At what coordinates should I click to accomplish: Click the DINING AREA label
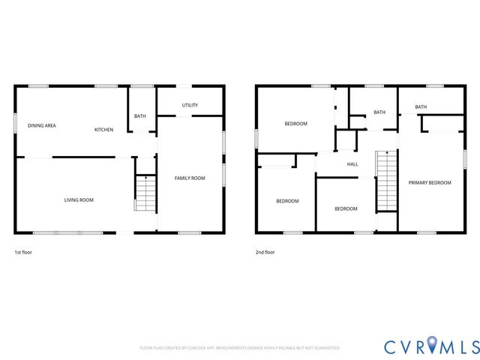[42, 125]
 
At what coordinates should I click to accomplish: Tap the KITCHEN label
[103, 130]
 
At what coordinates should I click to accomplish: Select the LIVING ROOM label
[79, 199]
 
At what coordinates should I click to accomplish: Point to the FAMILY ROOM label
[190, 178]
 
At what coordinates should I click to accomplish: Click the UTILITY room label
[190, 105]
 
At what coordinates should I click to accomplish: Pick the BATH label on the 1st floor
[140, 116]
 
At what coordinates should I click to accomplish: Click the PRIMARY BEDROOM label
[430, 182]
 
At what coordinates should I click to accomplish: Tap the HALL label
[352, 164]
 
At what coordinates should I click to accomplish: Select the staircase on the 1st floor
[144, 193]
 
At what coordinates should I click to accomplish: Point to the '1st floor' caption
[23, 252]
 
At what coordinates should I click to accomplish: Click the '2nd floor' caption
[265, 252]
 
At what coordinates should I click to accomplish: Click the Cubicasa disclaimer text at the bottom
[240, 348]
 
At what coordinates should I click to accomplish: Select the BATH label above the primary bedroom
[421, 107]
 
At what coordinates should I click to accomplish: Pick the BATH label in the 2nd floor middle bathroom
[379, 112]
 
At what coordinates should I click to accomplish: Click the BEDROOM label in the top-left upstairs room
[295, 124]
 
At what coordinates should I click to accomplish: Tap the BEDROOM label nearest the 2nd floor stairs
[346, 208]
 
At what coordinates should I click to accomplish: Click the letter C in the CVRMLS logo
[391, 346]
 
